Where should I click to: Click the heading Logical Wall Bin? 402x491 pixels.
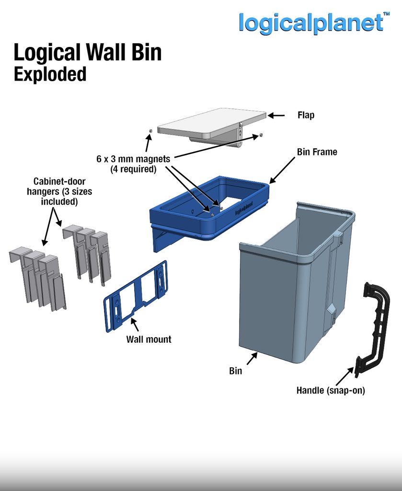click(x=88, y=52)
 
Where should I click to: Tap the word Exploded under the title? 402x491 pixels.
click(x=50, y=74)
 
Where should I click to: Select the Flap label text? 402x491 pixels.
click(x=306, y=115)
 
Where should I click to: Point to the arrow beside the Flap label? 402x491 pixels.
click(x=276, y=116)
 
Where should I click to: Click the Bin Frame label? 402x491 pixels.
click(x=317, y=152)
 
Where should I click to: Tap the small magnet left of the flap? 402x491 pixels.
click(x=150, y=130)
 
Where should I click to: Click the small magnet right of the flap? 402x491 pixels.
click(x=261, y=135)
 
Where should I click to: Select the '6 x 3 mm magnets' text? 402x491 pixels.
click(x=133, y=159)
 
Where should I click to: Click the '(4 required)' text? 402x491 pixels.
click(x=133, y=169)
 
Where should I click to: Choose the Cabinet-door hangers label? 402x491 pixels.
click(x=59, y=191)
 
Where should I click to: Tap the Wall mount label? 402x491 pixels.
click(x=149, y=339)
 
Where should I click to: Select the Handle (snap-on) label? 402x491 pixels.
click(x=331, y=390)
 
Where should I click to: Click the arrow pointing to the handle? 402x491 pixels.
click(x=345, y=376)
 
